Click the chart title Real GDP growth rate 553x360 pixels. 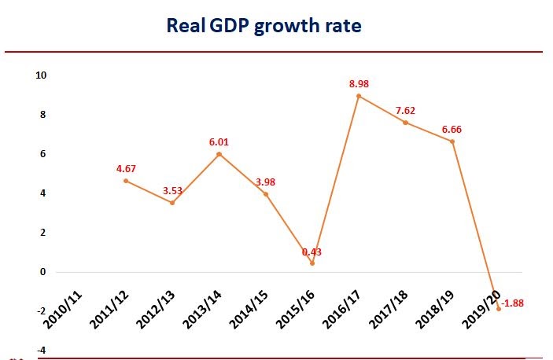[264, 26]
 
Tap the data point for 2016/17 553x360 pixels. [359, 96]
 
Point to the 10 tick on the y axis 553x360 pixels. [41, 75]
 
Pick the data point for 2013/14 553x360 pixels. [219, 154]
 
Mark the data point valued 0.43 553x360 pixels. [312, 263]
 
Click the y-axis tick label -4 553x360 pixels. [41, 350]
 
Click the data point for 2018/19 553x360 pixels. [452, 141]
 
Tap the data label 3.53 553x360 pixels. [173, 189]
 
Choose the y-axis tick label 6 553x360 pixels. [43, 154]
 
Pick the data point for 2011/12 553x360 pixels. [126, 181]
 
